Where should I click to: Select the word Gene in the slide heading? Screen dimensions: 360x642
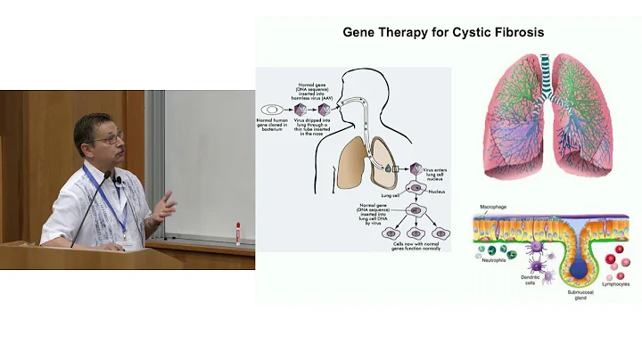point(360,33)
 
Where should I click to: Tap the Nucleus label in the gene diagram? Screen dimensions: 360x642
point(436,190)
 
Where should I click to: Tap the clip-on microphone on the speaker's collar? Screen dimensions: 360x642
point(117,181)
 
